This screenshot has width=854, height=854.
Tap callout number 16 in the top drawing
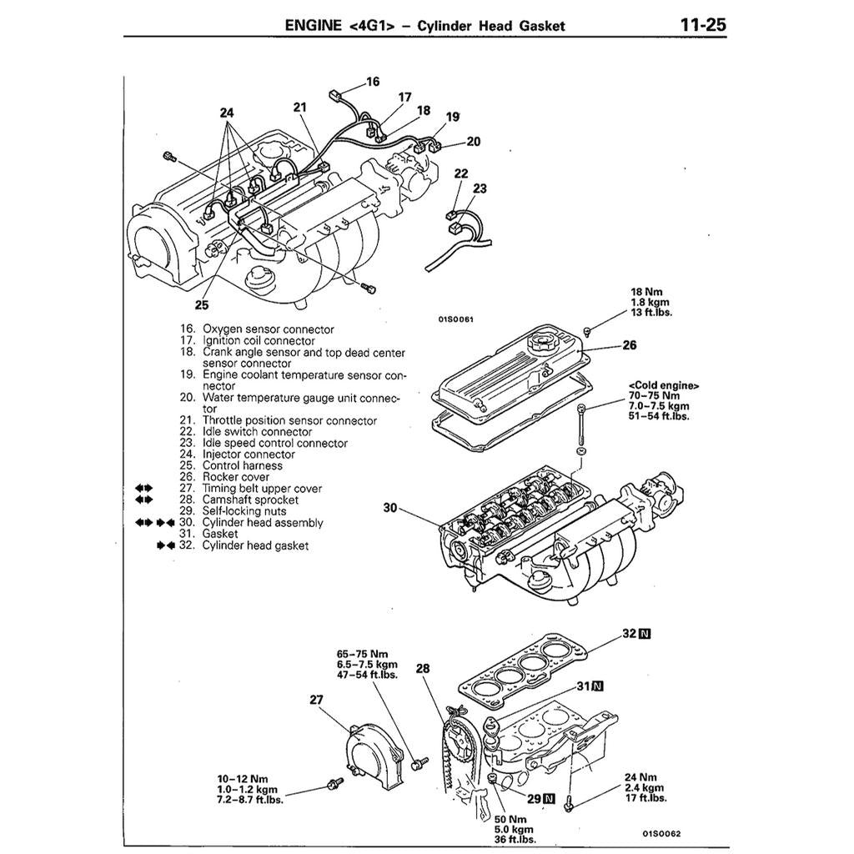pyautogui.click(x=372, y=82)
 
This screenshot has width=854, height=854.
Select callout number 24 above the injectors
pyautogui.click(x=228, y=113)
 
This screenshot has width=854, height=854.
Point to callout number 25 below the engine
pyautogui.click(x=203, y=304)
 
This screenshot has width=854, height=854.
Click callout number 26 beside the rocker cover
pyautogui.click(x=629, y=344)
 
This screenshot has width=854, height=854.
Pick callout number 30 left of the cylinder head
pyautogui.click(x=389, y=507)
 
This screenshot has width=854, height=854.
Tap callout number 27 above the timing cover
pyautogui.click(x=316, y=700)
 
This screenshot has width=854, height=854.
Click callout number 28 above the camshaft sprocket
pyautogui.click(x=423, y=668)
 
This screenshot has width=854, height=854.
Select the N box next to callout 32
pyautogui.click(x=644, y=633)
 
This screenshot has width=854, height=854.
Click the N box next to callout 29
pyautogui.click(x=548, y=798)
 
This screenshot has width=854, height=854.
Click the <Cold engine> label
pyautogui.click(x=663, y=385)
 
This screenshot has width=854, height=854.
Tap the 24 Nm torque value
pyautogui.click(x=640, y=776)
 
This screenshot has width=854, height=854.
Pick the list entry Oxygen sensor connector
pyautogui.click(x=268, y=329)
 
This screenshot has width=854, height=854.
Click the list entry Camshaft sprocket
pyautogui.click(x=250, y=500)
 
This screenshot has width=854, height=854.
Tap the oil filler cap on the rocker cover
pyautogui.click(x=540, y=341)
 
